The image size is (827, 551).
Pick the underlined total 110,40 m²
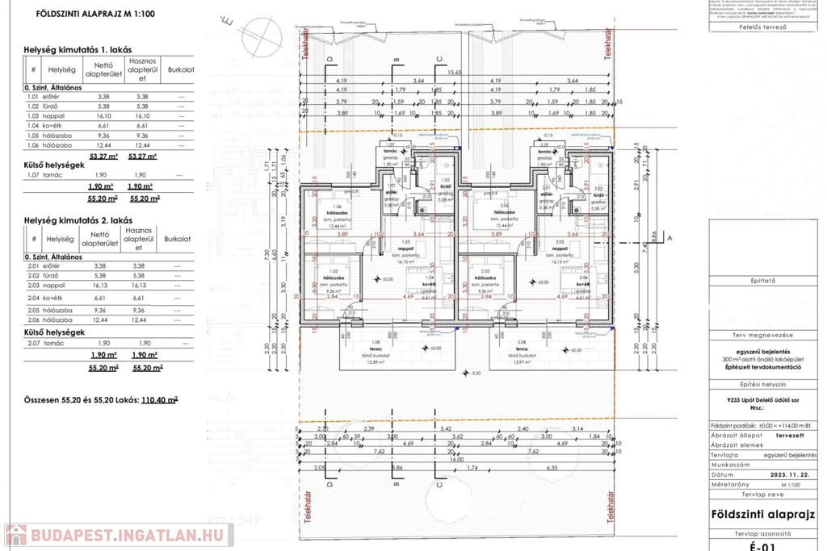159,399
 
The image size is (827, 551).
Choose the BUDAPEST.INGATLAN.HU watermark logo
118,535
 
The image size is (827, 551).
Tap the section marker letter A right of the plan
669,237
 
